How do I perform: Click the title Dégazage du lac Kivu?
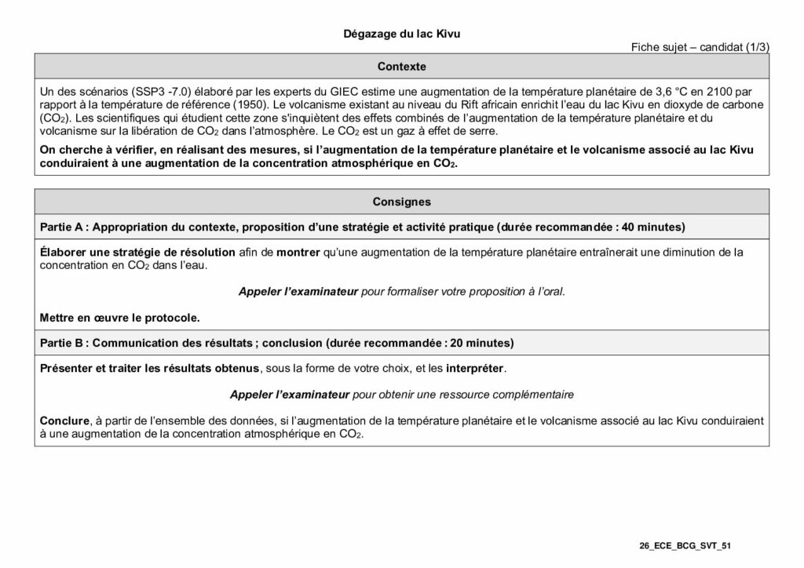coord(401,34)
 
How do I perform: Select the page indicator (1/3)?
coord(755,48)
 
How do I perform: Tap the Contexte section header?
coord(401,67)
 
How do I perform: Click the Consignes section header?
coord(401,202)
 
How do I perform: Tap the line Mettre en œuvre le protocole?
coord(120,318)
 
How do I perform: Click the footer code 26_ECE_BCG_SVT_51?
coord(685,544)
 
